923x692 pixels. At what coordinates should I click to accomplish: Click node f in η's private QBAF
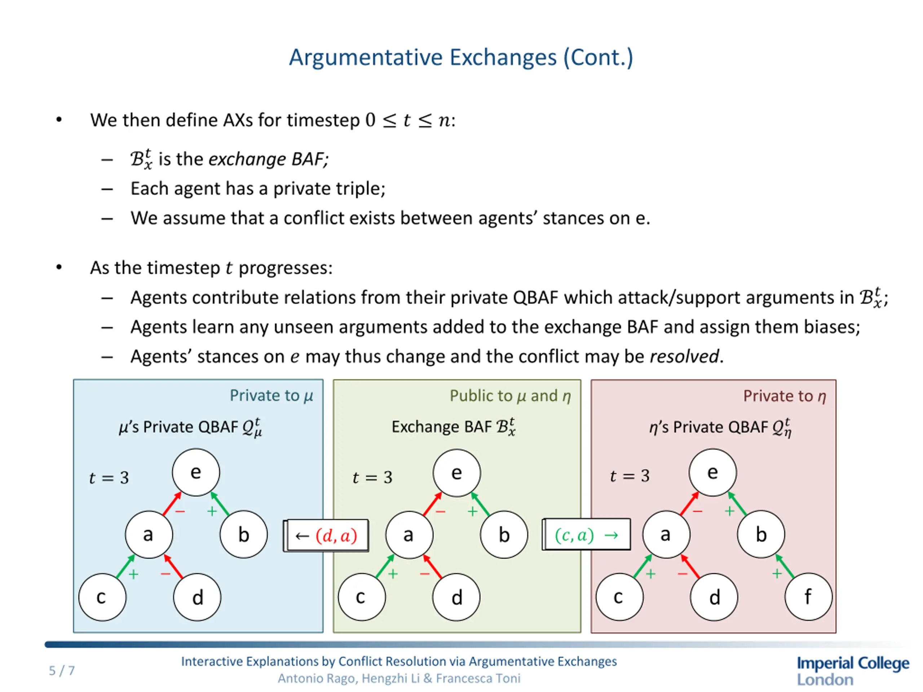pos(808,597)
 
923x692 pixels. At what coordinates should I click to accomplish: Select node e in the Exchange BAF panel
pos(456,473)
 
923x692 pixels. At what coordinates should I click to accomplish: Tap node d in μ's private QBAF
pos(197,597)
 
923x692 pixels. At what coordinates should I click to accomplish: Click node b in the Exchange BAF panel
pos(504,535)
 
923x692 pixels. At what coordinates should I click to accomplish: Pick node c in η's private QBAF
pos(619,597)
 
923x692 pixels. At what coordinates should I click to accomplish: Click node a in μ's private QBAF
pos(149,534)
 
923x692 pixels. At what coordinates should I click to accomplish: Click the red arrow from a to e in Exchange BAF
pos(432,504)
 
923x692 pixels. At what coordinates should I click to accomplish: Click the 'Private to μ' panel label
pos(271,395)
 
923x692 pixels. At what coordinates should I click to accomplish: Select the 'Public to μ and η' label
pos(510,396)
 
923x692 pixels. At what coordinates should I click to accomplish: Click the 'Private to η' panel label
pos(785,396)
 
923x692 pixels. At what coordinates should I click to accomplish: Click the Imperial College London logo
pos(852,670)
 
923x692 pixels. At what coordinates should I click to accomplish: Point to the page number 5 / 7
pos(62,671)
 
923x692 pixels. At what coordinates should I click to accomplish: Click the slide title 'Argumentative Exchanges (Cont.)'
pos(461,57)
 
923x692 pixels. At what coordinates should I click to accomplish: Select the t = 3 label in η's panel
pos(630,476)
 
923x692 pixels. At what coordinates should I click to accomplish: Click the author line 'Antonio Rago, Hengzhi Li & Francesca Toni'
pos(399,679)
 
